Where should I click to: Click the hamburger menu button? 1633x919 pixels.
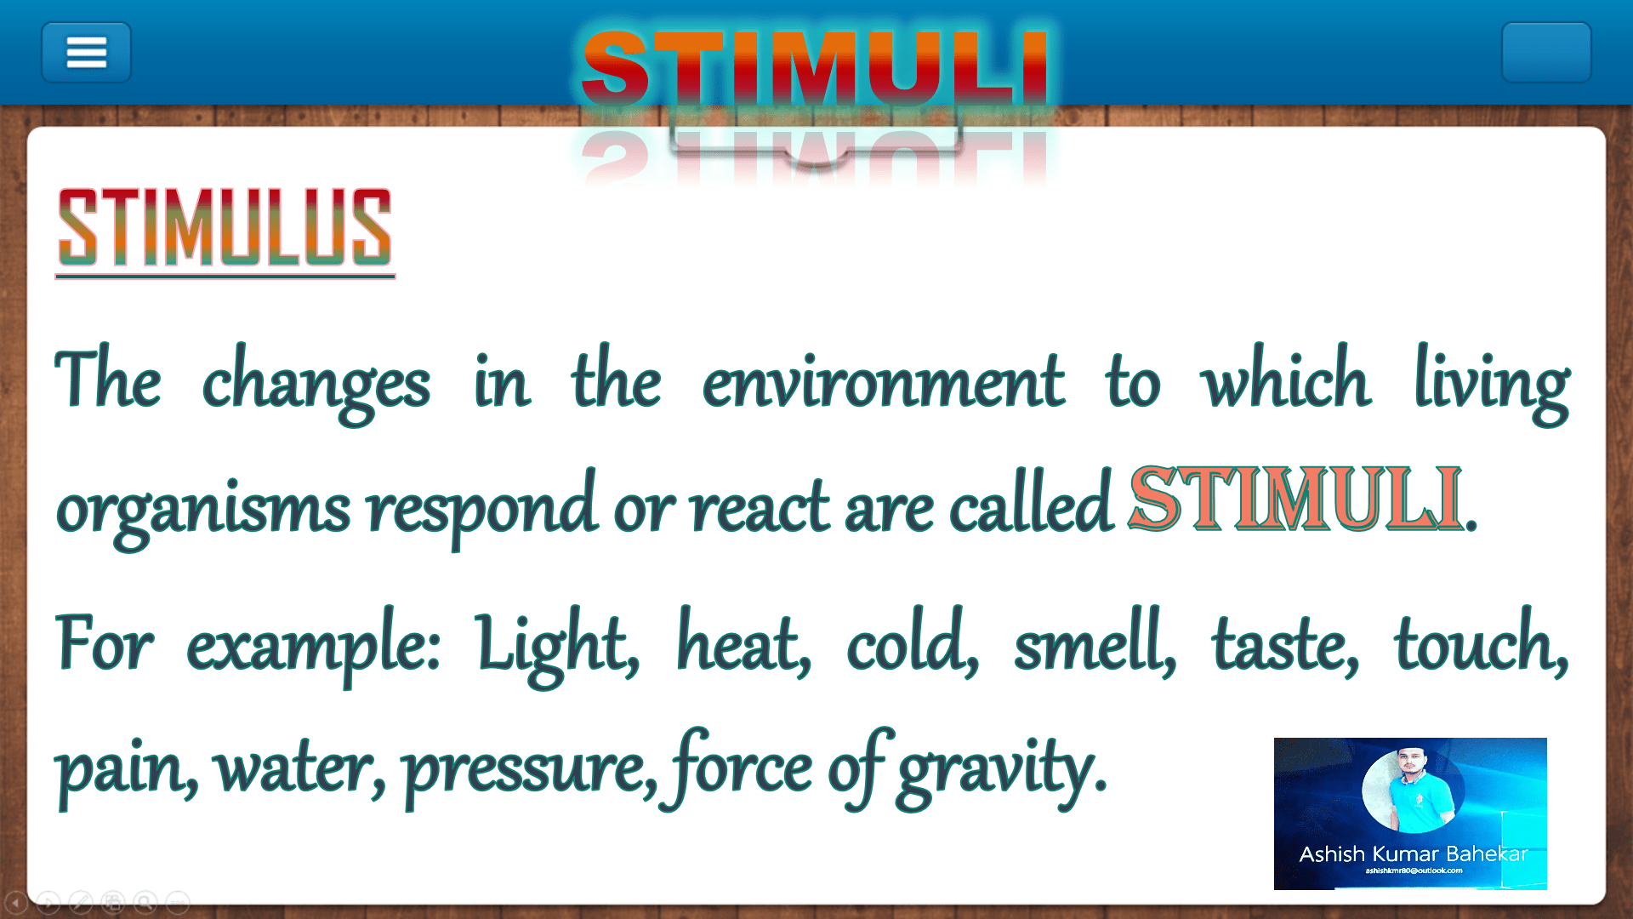[x=86, y=52]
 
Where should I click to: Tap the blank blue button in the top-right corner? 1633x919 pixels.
[x=1545, y=52]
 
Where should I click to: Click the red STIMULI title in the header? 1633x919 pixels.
[x=814, y=68]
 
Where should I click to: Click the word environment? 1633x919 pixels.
[x=883, y=384]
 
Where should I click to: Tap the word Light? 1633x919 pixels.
[x=557, y=646]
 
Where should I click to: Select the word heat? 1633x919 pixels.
[x=743, y=645]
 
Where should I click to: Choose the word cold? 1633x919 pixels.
[x=912, y=645]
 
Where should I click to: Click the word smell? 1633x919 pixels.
[x=1095, y=645]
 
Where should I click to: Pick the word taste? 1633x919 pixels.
[x=1285, y=647]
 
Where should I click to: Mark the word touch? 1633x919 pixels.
[x=1481, y=645]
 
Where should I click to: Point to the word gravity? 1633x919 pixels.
[x=1002, y=770]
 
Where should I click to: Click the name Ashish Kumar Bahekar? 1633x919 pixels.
[x=1413, y=853]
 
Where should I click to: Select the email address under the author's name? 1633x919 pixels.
[x=1414, y=870]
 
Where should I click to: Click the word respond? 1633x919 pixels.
[x=481, y=509]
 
